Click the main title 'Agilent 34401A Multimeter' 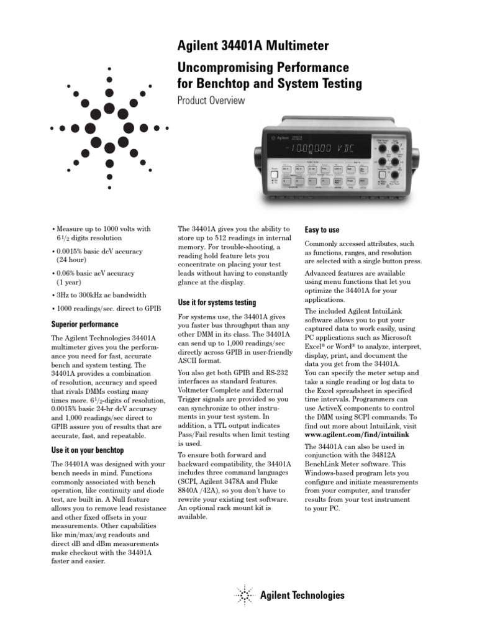253,46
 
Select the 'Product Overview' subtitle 211,101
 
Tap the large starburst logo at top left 109,124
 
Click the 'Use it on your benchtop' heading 87,450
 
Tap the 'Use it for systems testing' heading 217,302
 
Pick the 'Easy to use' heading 322,230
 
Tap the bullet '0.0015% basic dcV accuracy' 101,252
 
